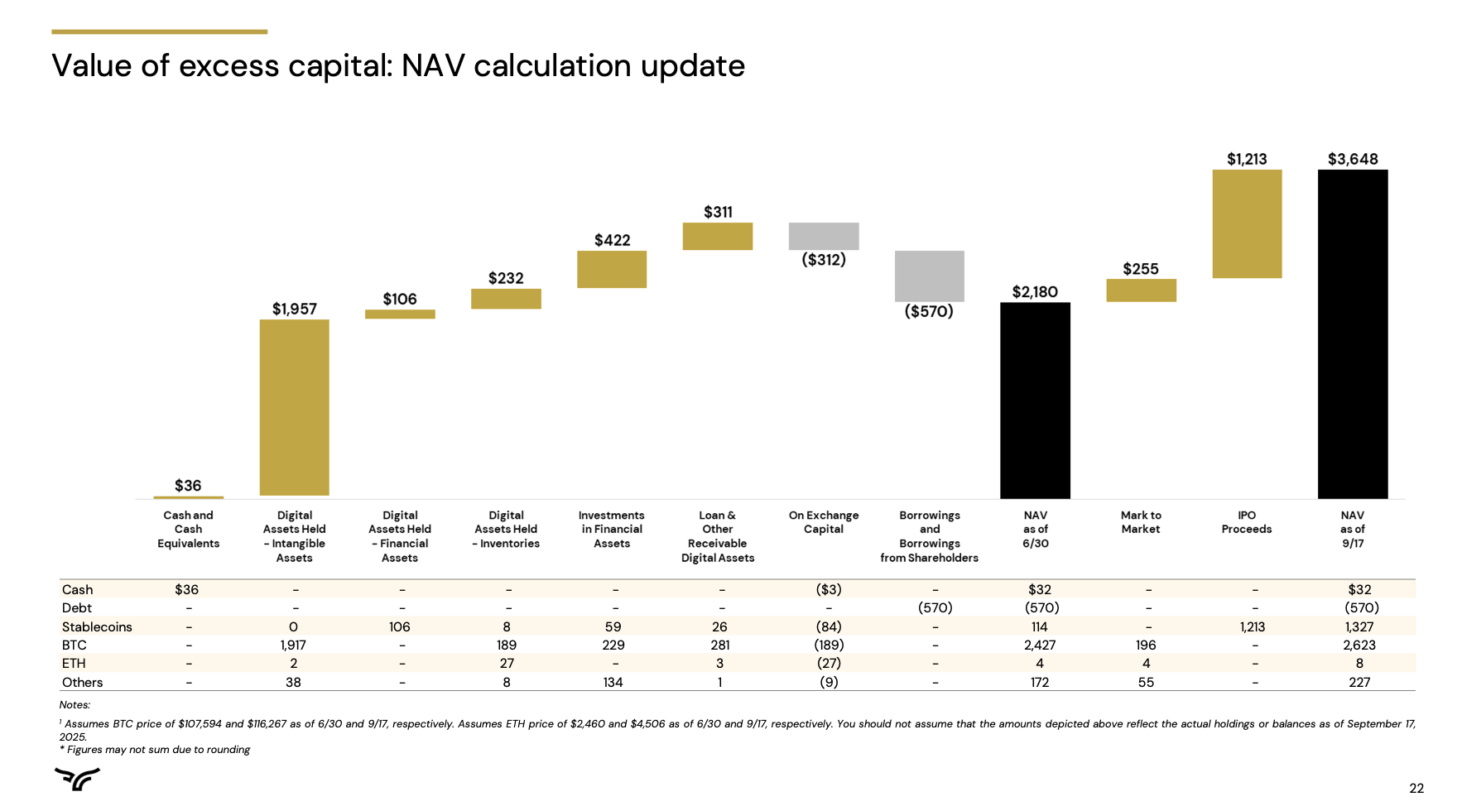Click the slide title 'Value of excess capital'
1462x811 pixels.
pos(397,66)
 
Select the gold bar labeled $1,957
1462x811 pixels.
pos(294,407)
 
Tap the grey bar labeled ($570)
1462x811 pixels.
pos(929,276)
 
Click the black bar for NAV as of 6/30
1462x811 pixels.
pos(1035,400)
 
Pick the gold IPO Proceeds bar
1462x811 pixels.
pos(1247,223)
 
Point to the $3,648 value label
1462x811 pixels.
pos(1353,159)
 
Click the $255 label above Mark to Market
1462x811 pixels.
pos(1140,269)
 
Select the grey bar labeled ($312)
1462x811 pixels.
pos(823,236)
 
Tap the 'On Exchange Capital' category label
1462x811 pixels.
pos(823,522)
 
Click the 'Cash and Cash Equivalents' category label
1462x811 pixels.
pos(188,529)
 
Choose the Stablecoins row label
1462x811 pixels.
pos(97,626)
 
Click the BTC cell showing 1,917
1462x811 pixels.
pos(293,645)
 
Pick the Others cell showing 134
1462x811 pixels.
pos(613,682)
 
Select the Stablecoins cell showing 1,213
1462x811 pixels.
pos(1252,626)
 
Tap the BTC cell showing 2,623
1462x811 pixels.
pos(1359,645)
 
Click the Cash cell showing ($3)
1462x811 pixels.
pos(828,589)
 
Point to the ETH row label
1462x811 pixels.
pos(74,663)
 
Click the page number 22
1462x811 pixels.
pos(1416,788)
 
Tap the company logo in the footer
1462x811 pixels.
pos(77,779)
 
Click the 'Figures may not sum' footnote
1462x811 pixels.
pos(157,750)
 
